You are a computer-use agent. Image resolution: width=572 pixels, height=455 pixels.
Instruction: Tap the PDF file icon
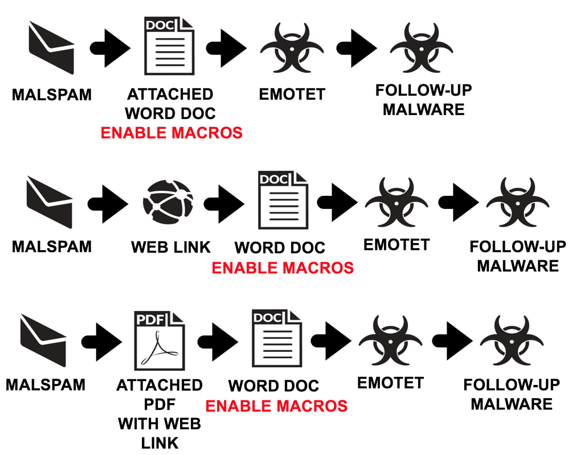pyautogui.click(x=160, y=340)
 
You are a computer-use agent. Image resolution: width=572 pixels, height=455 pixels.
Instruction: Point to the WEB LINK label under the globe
pyautogui.click(x=171, y=247)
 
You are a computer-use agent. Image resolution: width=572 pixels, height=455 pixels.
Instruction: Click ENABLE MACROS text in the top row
pyautogui.click(x=171, y=133)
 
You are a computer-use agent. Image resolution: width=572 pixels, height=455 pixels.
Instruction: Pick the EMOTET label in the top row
pyautogui.click(x=292, y=94)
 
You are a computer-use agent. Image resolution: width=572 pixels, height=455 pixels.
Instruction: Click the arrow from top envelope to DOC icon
pyautogui.click(x=109, y=47)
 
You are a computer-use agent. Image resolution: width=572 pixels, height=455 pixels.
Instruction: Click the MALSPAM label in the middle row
pyautogui.click(x=51, y=247)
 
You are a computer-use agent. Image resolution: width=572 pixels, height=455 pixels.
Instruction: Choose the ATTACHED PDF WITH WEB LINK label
pyautogui.click(x=160, y=413)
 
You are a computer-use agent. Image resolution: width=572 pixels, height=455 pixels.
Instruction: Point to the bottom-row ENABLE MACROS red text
pyautogui.click(x=276, y=405)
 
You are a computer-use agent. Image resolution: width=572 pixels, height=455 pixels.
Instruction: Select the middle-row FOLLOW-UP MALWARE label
pyautogui.click(x=518, y=256)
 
